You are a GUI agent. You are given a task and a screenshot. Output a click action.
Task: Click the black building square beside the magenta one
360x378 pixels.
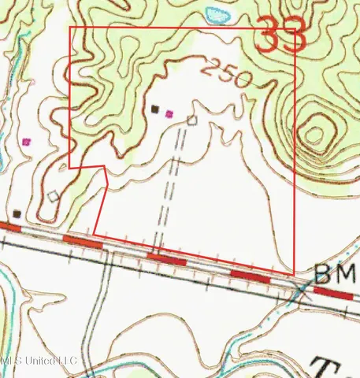[x=155, y=109]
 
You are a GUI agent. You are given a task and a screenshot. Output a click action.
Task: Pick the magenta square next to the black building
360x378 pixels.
[x=169, y=113]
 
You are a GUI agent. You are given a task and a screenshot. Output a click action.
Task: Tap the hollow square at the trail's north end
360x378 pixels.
[x=191, y=120]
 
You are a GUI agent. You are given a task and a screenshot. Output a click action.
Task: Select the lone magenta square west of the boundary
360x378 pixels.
[x=28, y=143]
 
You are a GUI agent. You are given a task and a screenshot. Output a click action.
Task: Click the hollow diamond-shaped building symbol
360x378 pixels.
[x=54, y=196]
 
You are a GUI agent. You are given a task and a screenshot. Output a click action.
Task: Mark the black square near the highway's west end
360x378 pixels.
[x=17, y=213]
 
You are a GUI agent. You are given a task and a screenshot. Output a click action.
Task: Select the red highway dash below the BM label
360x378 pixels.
[x=332, y=292]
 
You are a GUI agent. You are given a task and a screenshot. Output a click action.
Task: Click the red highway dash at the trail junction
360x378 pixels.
[x=166, y=258]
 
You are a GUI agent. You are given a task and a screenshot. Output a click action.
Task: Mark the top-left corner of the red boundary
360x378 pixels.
[x=71, y=28]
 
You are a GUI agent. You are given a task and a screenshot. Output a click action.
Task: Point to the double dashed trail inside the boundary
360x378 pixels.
[x=173, y=181]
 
